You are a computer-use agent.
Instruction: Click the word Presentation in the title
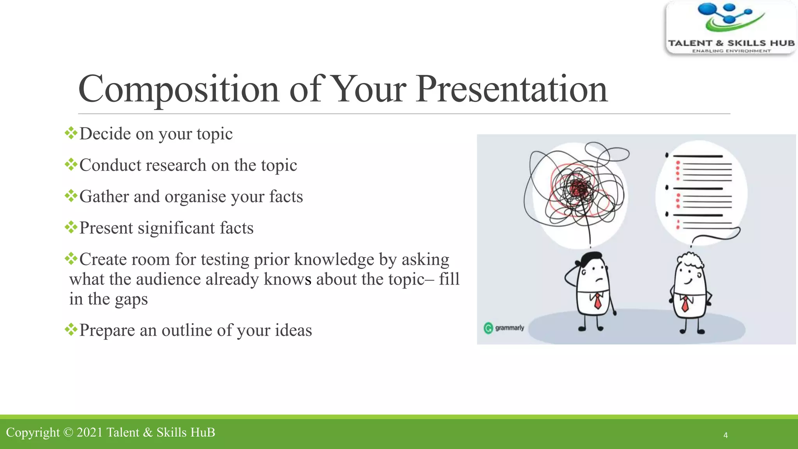click(511, 90)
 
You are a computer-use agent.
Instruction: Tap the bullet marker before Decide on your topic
click(71, 133)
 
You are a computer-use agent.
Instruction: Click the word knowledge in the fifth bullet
click(334, 260)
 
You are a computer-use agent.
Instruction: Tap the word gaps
click(131, 300)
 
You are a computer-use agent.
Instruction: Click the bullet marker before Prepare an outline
click(71, 330)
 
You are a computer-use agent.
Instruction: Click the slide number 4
click(726, 435)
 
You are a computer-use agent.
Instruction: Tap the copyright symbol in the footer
click(68, 433)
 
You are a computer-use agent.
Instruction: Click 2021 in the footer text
click(90, 433)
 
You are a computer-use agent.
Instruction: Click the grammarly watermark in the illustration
click(504, 328)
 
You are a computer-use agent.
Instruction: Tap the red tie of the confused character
click(597, 301)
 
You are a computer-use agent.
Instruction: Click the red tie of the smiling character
click(685, 304)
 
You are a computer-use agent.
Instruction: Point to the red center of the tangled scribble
click(578, 190)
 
